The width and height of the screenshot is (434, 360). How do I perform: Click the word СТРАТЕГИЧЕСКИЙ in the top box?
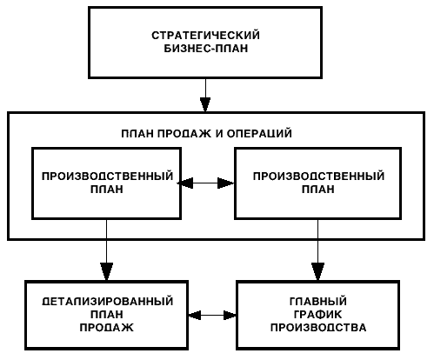[205, 35]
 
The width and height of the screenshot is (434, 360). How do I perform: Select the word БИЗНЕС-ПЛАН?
[206, 48]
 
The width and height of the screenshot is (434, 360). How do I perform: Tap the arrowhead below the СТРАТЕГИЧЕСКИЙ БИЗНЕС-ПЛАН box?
[205, 104]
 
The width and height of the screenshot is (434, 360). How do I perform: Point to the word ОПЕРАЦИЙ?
[259, 133]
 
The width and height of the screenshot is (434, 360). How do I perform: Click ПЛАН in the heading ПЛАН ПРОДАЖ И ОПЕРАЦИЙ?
[137, 134]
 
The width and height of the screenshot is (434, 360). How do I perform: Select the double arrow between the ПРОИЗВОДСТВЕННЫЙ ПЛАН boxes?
[206, 183]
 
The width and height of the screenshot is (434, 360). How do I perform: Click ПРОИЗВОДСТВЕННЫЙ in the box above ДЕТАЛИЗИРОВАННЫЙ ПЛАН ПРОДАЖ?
[107, 177]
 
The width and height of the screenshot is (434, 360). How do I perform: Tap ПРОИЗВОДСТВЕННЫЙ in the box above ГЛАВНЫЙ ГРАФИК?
[318, 177]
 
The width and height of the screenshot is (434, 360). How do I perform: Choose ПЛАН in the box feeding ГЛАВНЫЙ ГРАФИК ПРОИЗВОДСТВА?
[318, 190]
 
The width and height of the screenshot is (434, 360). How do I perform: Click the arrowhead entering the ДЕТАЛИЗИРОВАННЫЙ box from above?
[106, 271]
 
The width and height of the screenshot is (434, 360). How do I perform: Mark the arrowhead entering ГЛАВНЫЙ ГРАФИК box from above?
[317, 271]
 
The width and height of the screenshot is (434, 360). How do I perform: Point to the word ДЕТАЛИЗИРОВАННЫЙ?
[107, 302]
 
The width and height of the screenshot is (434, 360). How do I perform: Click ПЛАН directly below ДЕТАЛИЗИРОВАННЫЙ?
[107, 315]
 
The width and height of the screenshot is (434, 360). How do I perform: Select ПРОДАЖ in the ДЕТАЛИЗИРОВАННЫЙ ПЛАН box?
[106, 328]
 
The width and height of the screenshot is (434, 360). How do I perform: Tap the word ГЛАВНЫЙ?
[318, 302]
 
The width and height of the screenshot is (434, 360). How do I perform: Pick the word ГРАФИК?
[318, 315]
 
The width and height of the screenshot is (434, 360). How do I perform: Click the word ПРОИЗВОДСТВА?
[318, 328]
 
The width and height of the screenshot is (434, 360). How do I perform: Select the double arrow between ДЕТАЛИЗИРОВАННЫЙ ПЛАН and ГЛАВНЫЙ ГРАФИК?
[212, 315]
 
